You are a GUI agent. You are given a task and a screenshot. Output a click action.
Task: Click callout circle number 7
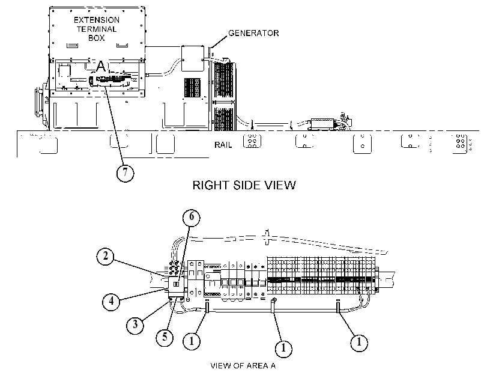click(x=125, y=172)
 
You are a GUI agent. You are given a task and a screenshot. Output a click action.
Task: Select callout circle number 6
click(x=192, y=217)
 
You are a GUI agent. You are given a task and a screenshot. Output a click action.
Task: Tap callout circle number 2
click(x=105, y=257)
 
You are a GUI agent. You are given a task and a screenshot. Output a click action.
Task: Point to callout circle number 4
click(x=111, y=301)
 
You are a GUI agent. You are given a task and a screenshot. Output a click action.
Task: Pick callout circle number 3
click(x=135, y=325)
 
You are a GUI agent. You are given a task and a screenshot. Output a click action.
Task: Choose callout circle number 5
click(x=165, y=337)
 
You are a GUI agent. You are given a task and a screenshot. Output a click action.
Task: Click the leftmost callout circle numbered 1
click(x=192, y=341)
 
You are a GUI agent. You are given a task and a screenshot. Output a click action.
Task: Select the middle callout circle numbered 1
click(x=283, y=347)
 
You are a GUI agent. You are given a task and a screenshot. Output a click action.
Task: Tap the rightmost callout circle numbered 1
click(x=359, y=343)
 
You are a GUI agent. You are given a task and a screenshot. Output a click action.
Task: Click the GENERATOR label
click(x=253, y=33)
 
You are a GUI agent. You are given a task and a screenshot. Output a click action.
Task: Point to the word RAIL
click(x=223, y=145)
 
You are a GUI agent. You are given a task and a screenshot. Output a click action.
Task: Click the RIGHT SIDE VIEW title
click(x=244, y=185)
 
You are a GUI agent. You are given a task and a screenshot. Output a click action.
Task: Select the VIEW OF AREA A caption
click(x=243, y=365)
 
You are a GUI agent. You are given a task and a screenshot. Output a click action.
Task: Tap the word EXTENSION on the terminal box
click(x=97, y=20)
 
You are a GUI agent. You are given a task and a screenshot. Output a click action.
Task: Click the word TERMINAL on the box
click(x=97, y=29)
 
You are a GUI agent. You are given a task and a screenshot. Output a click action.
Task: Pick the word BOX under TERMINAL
click(x=97, y=38)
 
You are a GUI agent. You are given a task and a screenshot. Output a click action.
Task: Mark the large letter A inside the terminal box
click(x=101, y=66)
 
